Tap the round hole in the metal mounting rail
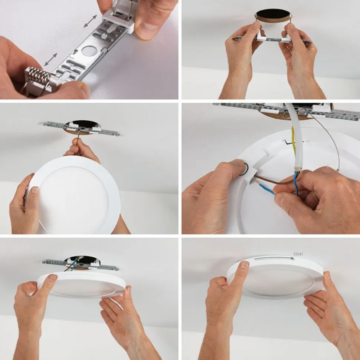[x=88, y=51]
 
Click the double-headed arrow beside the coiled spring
[x=50, y=59]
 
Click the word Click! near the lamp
[x=298, y=254]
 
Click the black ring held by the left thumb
[x=243, y=169]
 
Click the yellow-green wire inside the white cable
[x=294, y=140]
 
